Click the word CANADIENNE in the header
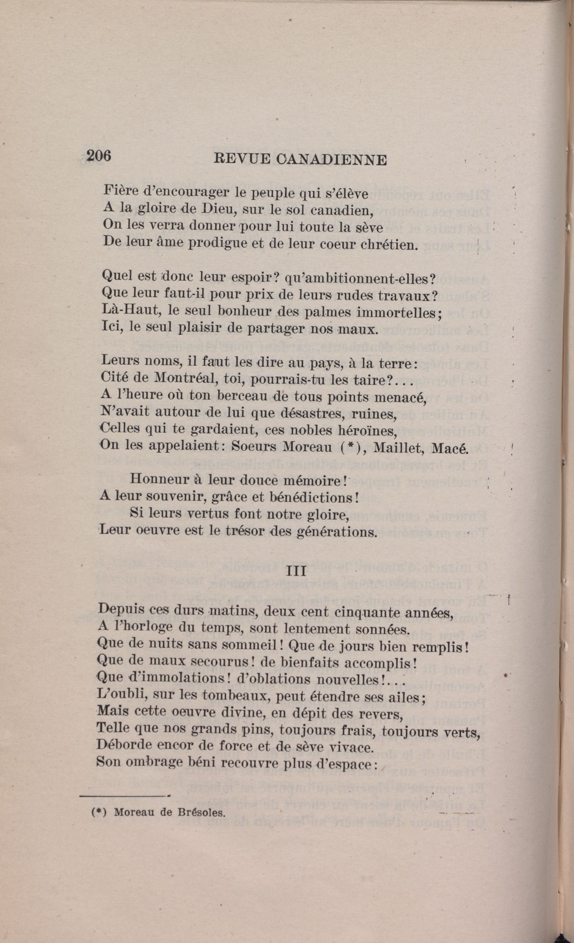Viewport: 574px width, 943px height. [x=330, y=159]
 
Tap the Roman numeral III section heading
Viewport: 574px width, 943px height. [x=296, y=571]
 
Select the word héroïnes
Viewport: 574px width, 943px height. [x=367, y=431]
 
